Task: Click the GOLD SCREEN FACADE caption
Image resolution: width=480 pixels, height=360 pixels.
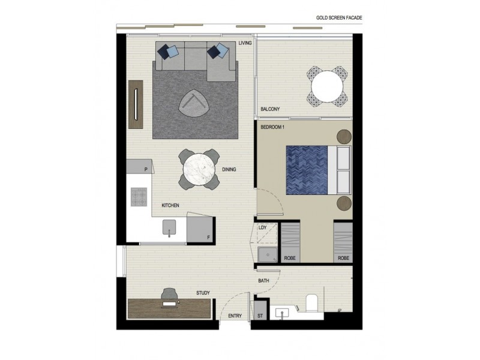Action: pos(340,19)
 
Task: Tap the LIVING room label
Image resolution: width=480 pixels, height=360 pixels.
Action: pos(245,43)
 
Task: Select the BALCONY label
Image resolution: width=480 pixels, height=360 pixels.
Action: pos(270,109)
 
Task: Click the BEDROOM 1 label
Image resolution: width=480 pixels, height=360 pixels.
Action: pos(273,128)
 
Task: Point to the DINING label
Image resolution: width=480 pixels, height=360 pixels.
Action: pos(229,170)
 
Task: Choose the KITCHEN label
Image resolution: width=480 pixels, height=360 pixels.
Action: pos(170,206)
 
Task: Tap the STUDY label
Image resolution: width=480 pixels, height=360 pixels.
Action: pos(203,293)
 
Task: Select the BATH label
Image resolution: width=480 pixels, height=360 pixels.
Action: pos(263,281)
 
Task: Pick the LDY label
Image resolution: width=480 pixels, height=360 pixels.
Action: pos(262,227)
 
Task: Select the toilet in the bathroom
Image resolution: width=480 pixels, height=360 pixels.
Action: pos(311,303)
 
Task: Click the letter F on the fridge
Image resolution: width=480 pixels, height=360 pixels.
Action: pos(208,237)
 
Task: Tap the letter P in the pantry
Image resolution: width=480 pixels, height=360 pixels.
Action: pos(146,170)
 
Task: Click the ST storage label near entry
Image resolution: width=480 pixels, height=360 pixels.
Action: pos(260,316)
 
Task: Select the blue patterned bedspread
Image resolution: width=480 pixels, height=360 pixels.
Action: pos(306,170)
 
